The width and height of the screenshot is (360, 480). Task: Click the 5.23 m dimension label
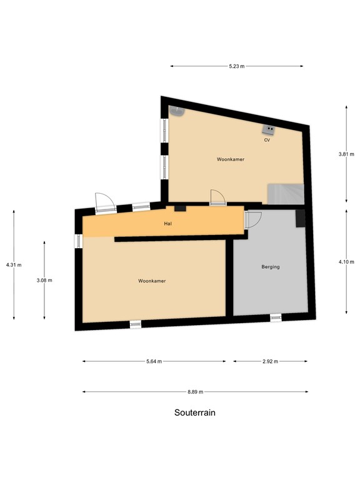coord(237,66)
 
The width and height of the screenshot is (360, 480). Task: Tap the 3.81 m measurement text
coord(347,154)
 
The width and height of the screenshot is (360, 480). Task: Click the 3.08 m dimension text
coord(44,280)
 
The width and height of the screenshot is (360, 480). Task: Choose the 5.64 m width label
coord(154,361)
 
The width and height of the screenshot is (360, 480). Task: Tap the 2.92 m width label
coord(271,361)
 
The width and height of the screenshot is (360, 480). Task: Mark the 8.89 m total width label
coord(195,392)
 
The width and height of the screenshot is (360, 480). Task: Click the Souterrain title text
coord(194,413)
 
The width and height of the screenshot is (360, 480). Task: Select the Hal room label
coord(167,223)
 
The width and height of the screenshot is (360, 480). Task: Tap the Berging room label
coord(271,267)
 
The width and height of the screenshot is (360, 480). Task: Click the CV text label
coord(267,140)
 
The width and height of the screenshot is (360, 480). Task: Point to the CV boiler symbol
coord(270,129)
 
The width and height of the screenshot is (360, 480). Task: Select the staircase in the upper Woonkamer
coord(285,193)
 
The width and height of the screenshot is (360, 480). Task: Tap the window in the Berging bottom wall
coord(276,318)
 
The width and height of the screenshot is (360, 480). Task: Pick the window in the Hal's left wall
coord(78,241)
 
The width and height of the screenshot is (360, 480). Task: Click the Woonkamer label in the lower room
coord(152,281)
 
